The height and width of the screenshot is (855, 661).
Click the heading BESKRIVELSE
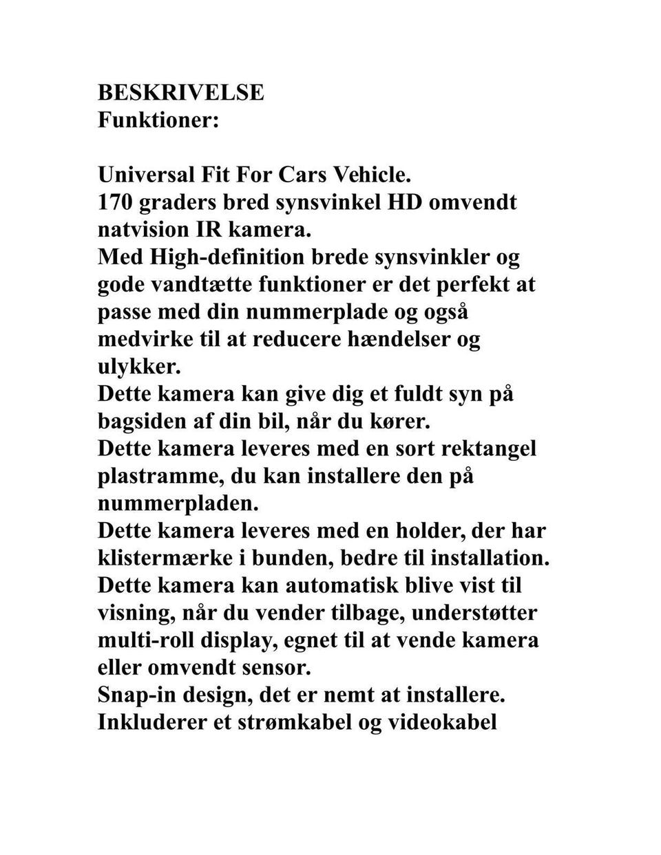pyautogui.click(x=180, y=92)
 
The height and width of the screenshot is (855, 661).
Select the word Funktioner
pyautogui.click(x=158, y=120)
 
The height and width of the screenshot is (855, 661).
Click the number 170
pyautogui.click(x=114, y=202)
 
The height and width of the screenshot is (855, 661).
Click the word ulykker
pyautogui.click(x=139, y=367)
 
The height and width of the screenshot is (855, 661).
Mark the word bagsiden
pyautogui.click(x=141, y=421)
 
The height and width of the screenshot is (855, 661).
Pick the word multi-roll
pyautogui.click(x=145, y=640)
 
